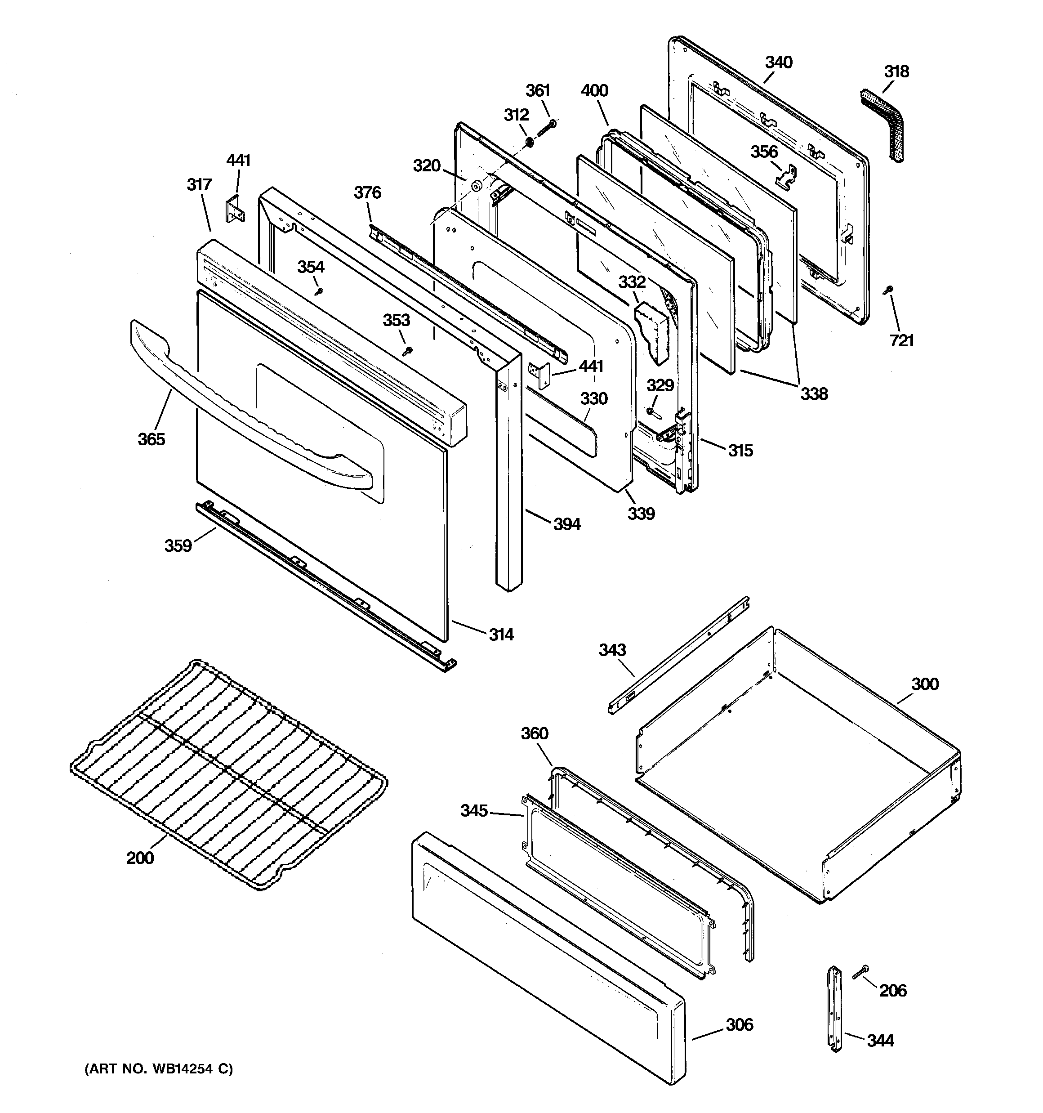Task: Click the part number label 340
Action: pyautogui.click(x=778, y=62)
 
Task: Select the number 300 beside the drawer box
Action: pyautogui.click(x=924, y=684)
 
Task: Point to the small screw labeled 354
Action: pyautogui.click(x=319, y=291)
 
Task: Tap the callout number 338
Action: pyautogui.click(x=813, y=393)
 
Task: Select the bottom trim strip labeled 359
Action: pyautogui.click(x=325, y=585)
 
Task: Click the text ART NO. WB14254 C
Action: pyautogui.click(x=158, y=1069)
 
